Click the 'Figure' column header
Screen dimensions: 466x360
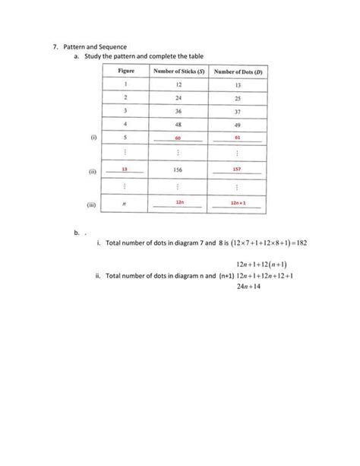click(x=126, y=71)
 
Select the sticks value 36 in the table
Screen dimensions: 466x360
click(x=178, y=112)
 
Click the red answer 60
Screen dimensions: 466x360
click(x=178, y=138)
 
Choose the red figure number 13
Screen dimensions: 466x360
click(x=125, y=170)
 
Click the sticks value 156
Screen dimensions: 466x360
click(x=178, y=170)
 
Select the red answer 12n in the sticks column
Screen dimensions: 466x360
click(x=178, y=202)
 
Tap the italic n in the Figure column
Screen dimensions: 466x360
click(x=125, y=204)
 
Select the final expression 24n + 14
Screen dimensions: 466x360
click(x=243, y=287)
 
